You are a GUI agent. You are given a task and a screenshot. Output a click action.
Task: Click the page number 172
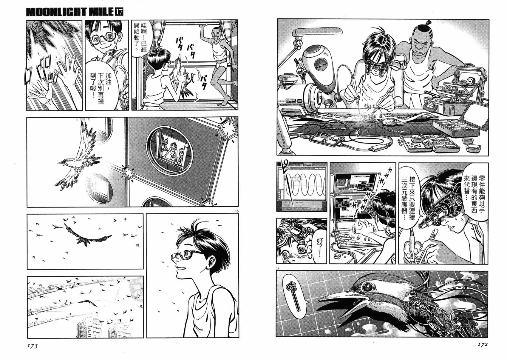[482, 344]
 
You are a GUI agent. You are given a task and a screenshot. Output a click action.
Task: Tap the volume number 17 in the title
[119, 12]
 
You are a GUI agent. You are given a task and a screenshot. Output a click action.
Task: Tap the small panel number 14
[278, 269]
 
